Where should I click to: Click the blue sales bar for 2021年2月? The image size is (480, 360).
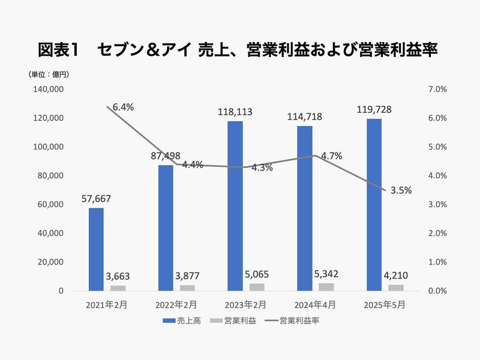(96, 249)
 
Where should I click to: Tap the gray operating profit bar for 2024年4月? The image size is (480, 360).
(326, 287)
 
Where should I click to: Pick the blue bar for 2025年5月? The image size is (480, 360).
(374, 205)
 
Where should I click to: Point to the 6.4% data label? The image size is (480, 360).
(123, 107)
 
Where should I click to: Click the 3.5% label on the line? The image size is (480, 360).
(401, 191)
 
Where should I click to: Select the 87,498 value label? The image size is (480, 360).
(166, 156)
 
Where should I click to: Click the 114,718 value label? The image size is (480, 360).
(305, 117)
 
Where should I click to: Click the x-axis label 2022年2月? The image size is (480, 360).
(175, 305)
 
